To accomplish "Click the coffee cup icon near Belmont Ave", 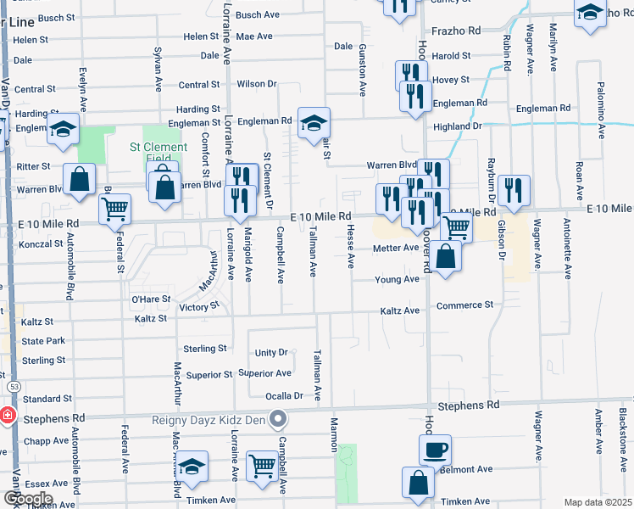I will click(x=435, y=450).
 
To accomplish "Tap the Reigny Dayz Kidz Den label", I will click(x=209, y=418).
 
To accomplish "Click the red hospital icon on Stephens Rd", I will click(x=7, y=417).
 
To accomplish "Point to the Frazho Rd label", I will click(x=457, y=31).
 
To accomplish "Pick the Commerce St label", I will click(x=464, y=305).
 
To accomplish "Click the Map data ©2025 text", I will click(x=598, y=502).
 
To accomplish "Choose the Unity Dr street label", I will click(x=271, y=353).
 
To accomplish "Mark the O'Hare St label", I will click(x=151, y=299).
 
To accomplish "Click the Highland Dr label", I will click(x=457, y=126).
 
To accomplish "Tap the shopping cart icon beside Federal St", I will click(x=114, y=208).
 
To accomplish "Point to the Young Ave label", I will click(x=398, y=279).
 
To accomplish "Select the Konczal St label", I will click(x=41, y=243).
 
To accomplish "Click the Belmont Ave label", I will click(x=466, y=469).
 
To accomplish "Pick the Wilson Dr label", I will click(x=257, y=84).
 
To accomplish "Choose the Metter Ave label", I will click(x=396, y=249).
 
